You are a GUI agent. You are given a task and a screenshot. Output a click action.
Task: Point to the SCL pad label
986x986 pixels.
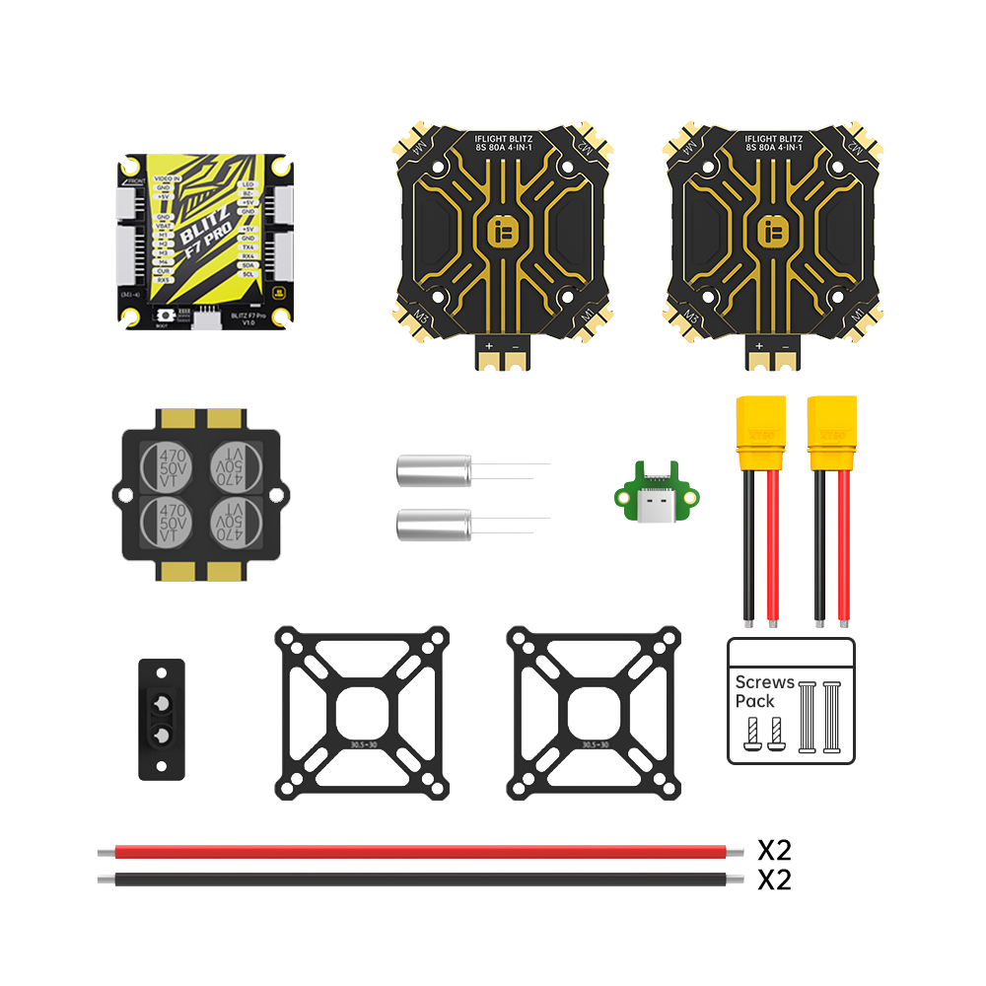[248, 273]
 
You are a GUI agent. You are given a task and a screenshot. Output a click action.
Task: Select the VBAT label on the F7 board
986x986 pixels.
[164, 226]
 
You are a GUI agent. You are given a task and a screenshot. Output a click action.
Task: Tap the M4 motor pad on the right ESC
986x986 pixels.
[687, 145]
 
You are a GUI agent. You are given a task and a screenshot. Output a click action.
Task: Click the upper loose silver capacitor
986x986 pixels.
[434, 469]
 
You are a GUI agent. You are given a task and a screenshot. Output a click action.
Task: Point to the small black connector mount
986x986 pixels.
[163, 719]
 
